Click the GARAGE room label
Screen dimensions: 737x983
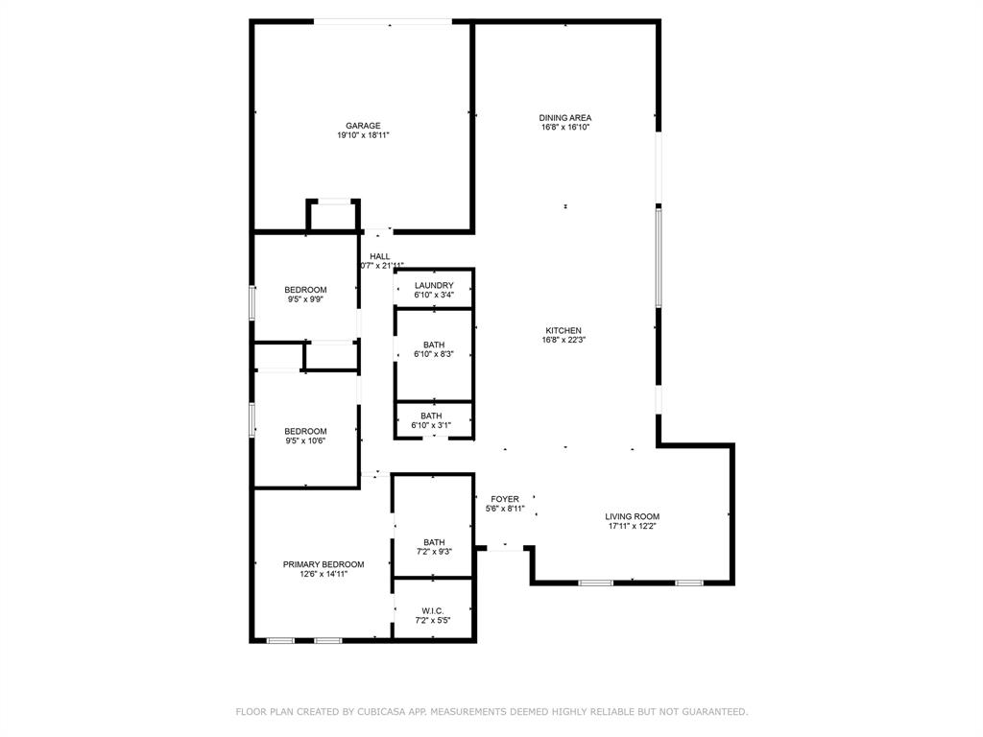tap(363, 126)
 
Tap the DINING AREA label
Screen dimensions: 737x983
tap(564, 117)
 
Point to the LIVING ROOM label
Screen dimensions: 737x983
tap(632, 516)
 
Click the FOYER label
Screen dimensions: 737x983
tap(505, 499)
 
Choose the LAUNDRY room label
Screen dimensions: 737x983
tap(434, 285)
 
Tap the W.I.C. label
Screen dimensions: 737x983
tap(433, 610)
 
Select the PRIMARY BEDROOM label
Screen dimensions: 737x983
tap(324, 564)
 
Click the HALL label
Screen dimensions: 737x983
tap(380, 256)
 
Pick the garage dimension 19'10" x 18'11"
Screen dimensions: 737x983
tap(363, 136)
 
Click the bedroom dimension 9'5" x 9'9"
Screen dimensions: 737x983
tap(305, 299)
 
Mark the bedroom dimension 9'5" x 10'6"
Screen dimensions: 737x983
tap(305, 441)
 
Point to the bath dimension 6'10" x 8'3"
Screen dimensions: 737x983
tap(434, 355)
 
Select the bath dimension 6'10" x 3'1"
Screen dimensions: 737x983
tap(431, 425)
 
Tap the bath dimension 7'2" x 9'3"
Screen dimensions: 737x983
tap(434, 552)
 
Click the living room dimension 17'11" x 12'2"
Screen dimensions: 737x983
tap(632, 526)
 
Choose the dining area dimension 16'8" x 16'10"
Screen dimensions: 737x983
tap(564, 127)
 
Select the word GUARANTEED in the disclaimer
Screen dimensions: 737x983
tap(711, 712)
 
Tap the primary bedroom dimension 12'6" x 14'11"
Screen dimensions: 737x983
tap(324, 574)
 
